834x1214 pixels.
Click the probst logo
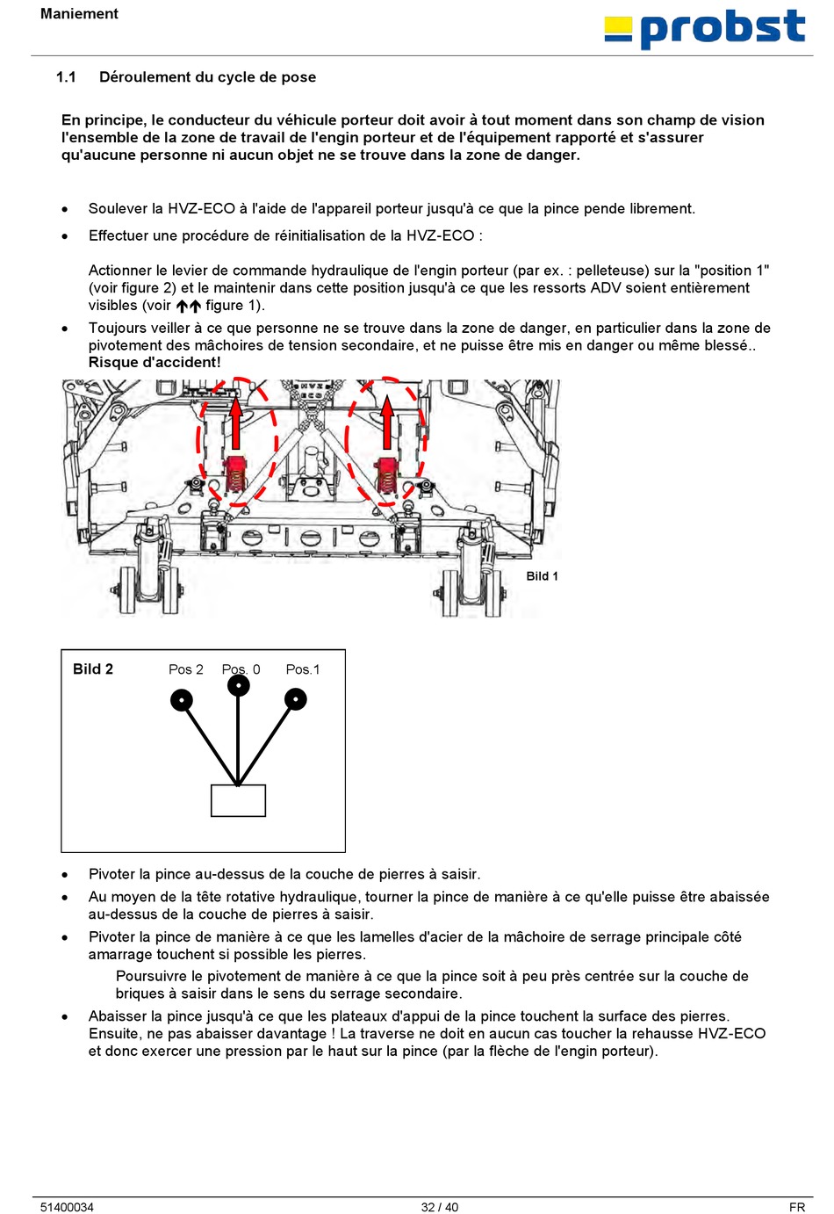[705, 29]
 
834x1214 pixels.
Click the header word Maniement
[79, 14]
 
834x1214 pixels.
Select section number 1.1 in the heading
[66, 77]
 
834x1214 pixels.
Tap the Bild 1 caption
[542, 576]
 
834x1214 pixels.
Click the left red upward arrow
[235, 423]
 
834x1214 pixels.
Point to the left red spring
[236, 474]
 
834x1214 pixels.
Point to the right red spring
[387, 475]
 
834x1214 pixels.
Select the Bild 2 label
[93, 669]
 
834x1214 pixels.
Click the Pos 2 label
[186, 669]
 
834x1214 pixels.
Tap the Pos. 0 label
[241, 669]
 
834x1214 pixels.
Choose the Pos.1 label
[303, 669]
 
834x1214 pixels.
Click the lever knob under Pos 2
[182, 700]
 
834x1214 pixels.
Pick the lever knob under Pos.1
[296, 699]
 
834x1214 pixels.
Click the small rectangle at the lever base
[238, 800]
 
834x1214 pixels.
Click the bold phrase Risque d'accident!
[155, 362]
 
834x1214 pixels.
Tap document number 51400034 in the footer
[67, 1207]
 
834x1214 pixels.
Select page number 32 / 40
[440, 1207]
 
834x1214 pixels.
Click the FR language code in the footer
[796, 1207]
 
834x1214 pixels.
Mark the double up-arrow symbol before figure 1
[188, 307]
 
